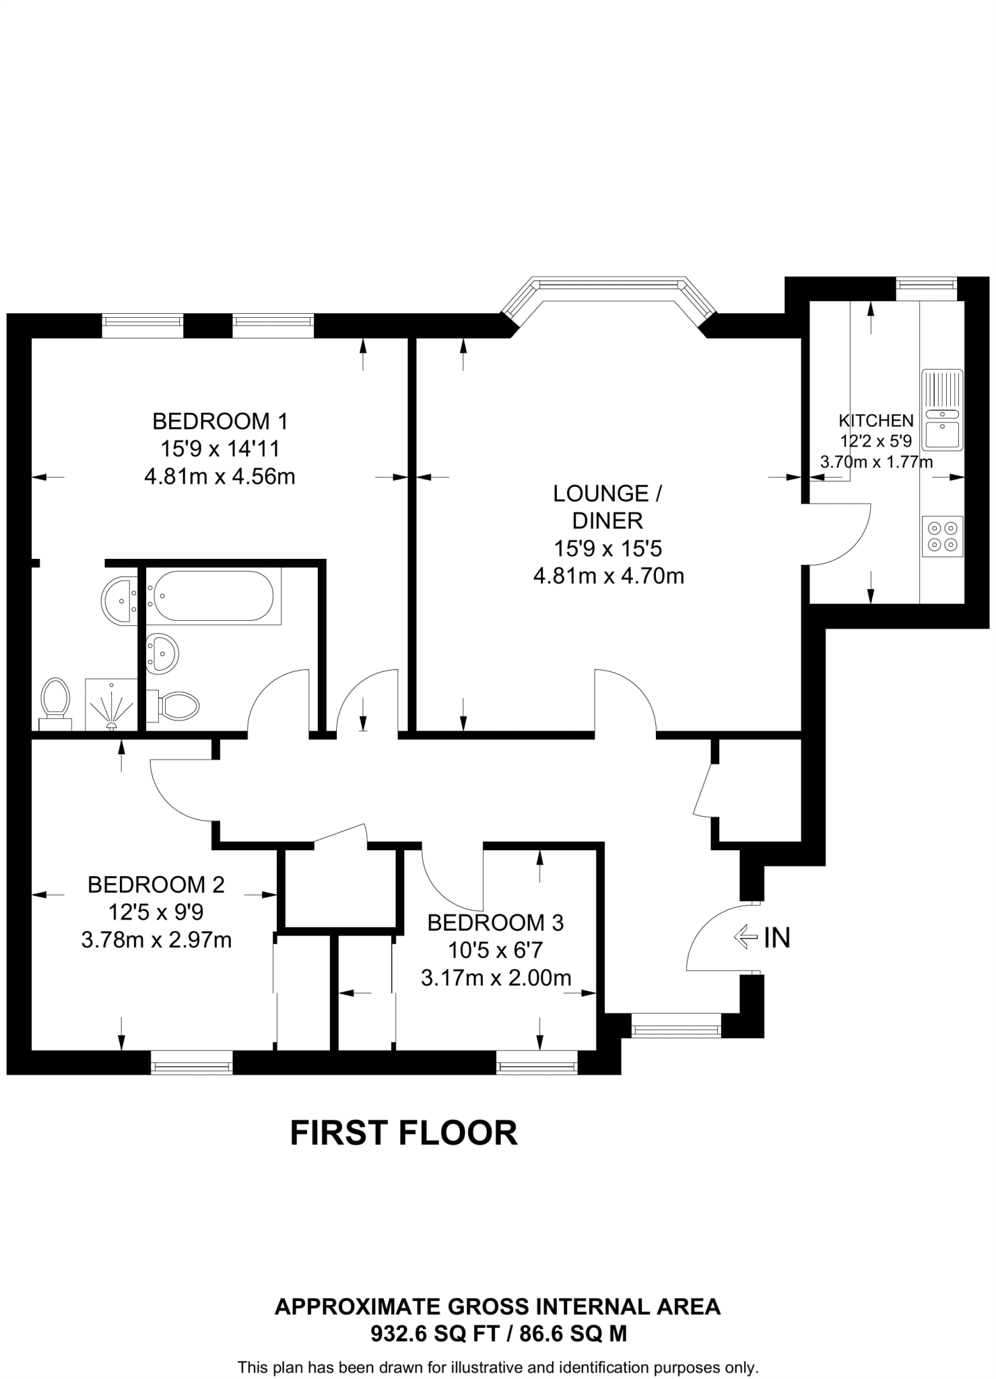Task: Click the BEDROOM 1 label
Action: [220, 422]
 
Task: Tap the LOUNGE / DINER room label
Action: [607, 507]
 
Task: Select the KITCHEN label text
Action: [875, 421]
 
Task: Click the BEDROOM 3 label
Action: [496, 922]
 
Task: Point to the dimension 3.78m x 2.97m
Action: [156, 940]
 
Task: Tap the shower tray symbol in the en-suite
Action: [111, 704]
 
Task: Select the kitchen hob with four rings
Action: [942, 536]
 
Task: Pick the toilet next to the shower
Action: [55, 703]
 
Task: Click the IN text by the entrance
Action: [776, 937]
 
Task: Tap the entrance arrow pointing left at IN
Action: [745, 937]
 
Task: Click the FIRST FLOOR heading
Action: [403, 1133]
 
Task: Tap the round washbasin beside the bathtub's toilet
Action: [161, 652]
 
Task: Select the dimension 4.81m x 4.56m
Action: [220, 477]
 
